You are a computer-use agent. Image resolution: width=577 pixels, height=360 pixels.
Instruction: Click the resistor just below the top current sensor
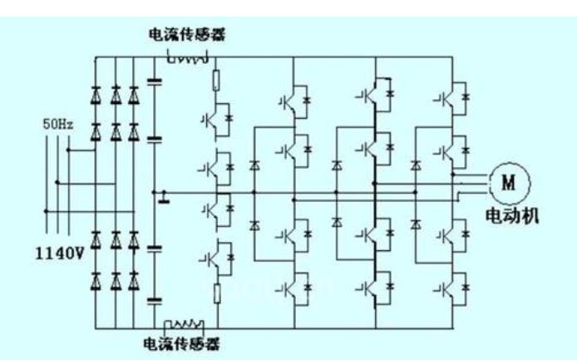pos(217,81)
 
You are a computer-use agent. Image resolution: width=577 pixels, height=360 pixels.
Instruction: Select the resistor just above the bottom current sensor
pos(217,293)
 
